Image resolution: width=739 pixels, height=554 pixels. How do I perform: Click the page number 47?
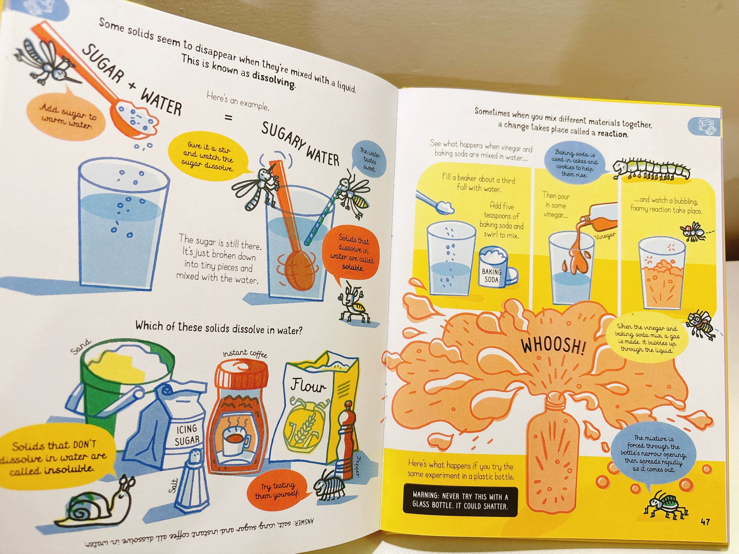click(x=705, y=522)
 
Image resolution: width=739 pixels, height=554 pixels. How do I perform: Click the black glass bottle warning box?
click(x=460, y=500)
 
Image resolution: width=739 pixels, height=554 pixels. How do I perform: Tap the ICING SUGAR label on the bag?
click(x=187, y=435)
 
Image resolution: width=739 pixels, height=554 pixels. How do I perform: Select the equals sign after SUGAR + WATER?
click(x=228, y=118)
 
